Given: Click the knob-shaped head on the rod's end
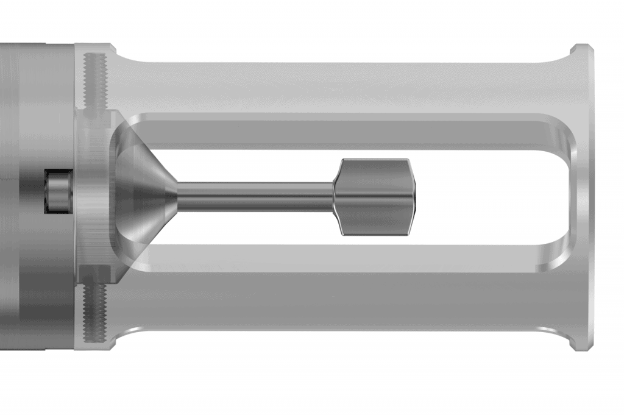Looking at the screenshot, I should click(x=375, y=197).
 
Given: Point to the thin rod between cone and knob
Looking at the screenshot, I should click(x=256, y=197).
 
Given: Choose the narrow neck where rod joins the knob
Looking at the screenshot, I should click(x=334, y=197).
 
